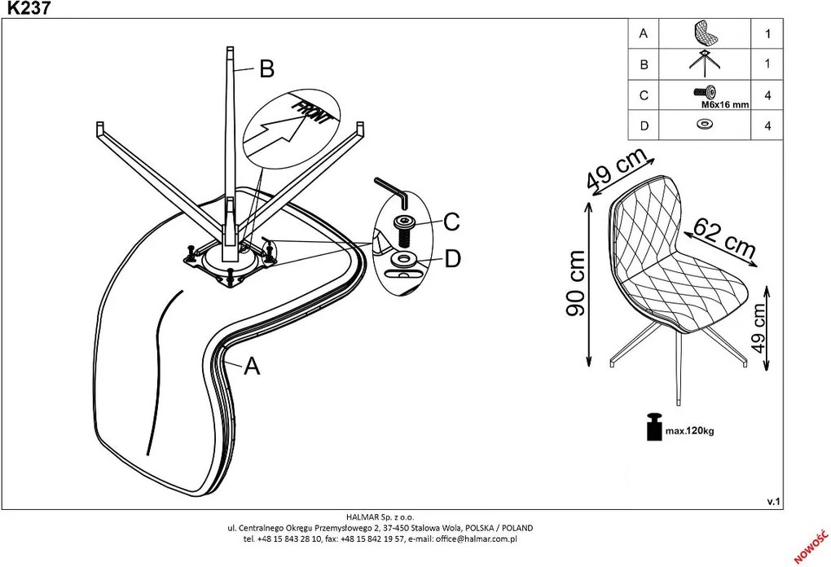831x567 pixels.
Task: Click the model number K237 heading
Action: pyautogui.click(x=29, y=7)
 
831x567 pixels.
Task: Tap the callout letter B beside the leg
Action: pyautogui.click(x=267, y=69)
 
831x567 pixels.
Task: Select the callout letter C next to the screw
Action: pyautogui.click(x=451, y=222)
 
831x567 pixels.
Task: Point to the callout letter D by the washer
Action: pyautogui.click(x=453, y=258)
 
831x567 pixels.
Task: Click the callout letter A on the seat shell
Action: pyautogui.click(x=253, y=366)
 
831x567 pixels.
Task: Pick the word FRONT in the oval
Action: pyautogui.click(x=313, y=112)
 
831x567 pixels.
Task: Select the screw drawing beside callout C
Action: pyautogui.click(x=404, y=230)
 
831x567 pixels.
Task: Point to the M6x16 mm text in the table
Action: pyautogui.click(x=725, y=104)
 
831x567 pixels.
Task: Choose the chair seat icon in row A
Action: pyautogui.click(x=705, y=33)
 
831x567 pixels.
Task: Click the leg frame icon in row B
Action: pyautogui.click(x=705, y=63)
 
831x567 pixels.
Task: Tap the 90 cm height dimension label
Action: pyautogui.click(x=576, y=283)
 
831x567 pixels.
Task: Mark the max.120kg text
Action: pyautogui.click(x=689, y=431)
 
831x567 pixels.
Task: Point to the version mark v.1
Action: pyautogui.click(x=774, y=501)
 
